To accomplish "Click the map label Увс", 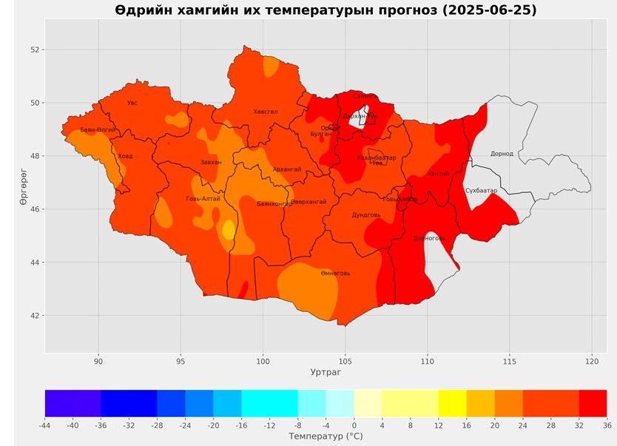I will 132,103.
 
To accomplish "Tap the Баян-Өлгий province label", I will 98,130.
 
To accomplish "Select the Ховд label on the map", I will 126,156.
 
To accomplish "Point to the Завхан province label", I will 211,162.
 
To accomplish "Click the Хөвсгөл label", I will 266,112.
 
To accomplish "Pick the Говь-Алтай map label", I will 203,199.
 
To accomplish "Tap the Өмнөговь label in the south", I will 336,273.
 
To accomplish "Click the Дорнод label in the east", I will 502,154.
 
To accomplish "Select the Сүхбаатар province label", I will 482,191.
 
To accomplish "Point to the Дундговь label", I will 366,214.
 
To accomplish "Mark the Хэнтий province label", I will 438,174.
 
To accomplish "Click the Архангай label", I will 287,169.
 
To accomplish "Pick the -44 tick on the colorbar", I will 45,425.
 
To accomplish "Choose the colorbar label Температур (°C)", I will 326,437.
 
